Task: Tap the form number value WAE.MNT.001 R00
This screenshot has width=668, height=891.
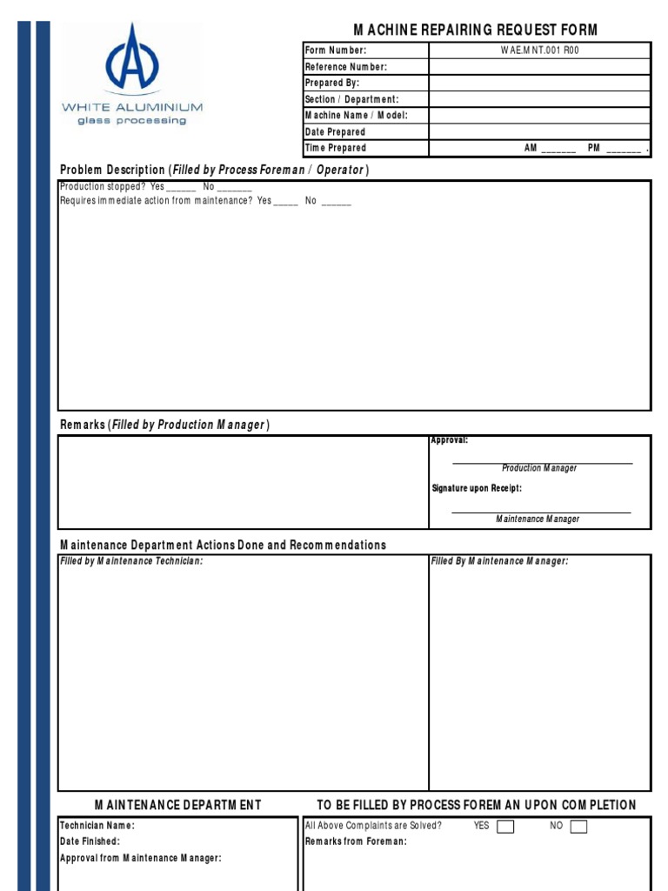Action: click(539, 50)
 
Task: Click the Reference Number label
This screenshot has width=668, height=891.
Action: click(345, 67)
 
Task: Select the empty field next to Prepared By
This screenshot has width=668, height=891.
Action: click(539, 83)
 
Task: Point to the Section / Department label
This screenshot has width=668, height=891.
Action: click(351, 99)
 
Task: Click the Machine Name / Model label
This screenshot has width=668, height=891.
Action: click(356, 116)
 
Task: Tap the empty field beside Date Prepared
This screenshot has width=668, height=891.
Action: click(539, 132)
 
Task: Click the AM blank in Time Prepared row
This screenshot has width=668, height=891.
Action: click(558, 150)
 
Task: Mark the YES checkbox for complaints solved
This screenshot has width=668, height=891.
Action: click(504, 827)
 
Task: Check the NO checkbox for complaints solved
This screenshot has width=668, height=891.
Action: click(578, 827)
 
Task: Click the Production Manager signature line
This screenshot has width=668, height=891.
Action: click(542, 462)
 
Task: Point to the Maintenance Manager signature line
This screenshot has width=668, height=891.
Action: click(540, 512)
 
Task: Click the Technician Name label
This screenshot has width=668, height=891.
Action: click(97, 826)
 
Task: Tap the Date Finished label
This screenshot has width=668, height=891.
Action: click(90, 841)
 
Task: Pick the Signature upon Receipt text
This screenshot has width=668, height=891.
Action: click(477, 489)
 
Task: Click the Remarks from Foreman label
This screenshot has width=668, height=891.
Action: click(356, 841)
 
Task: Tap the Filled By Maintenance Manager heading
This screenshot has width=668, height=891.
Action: click(500, 561)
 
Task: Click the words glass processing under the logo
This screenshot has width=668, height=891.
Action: click(131, 121)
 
